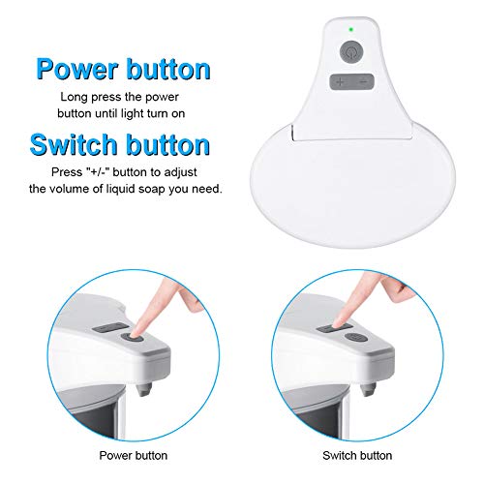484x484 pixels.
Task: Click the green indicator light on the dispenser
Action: pyautogui.click(x=350, y=29)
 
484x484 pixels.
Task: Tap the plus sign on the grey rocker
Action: pyautogui.click(x=342, y=82)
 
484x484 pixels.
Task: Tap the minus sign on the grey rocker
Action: pyautogui.click(x=361, y=82)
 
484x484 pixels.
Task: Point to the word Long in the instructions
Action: pyautogui.click(x=73, y=97)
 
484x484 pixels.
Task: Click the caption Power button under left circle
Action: pyautogui.click(x=133, y=454)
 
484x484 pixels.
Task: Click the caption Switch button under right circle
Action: pyautogui.click(x=350, y=454)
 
